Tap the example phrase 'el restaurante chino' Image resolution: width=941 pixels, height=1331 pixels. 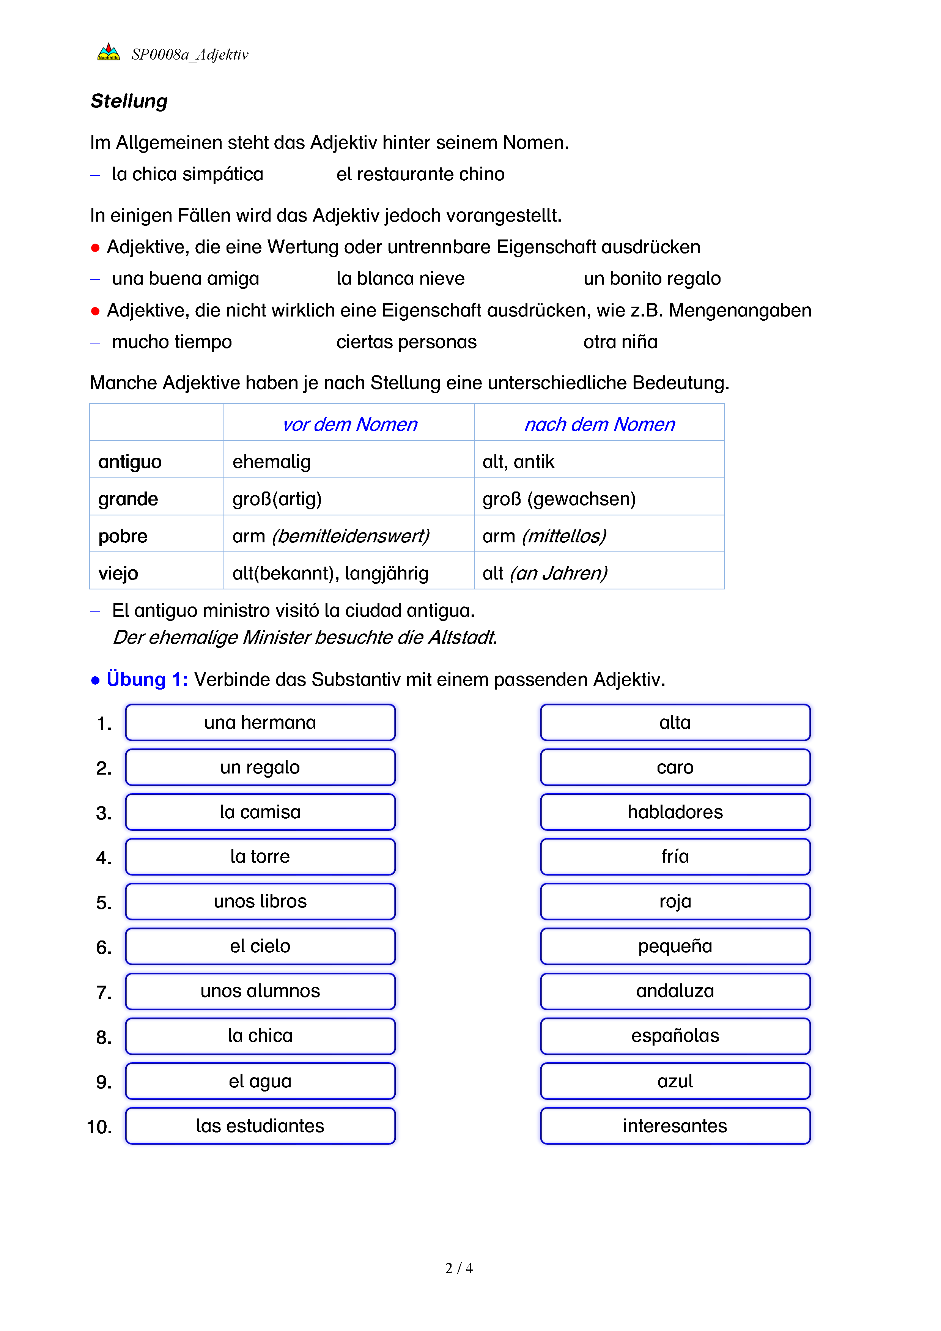tap(420, 174)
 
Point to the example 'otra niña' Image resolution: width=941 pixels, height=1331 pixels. tap(620, 342)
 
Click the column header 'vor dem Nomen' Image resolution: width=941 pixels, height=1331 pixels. tap(349, 424)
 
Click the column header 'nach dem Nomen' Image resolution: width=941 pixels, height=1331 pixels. tap(599, 424)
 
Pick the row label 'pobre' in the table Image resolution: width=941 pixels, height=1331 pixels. tap(123, 536)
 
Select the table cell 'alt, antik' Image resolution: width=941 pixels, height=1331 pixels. tap(518, 462)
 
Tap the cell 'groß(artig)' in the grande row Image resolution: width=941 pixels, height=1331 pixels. tap(277, 499)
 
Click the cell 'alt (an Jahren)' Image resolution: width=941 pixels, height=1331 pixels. tap(544, 573)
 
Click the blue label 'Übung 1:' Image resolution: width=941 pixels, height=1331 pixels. tap(146, 679)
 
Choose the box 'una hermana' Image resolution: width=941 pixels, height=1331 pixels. tap(260, 722)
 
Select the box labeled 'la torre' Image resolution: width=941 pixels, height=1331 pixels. tap(260, 857)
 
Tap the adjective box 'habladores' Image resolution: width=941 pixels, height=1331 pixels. tap(675, 812)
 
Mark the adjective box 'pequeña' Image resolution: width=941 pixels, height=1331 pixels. tap(675, 946)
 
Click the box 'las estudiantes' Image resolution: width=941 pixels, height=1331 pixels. tap(260, 1126)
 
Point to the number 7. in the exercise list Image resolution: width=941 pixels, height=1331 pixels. tap(104, 992)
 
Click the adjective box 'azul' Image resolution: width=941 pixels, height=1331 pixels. tap(675, 1081)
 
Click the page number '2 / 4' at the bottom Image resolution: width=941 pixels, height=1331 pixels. tap(459, 1268)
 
